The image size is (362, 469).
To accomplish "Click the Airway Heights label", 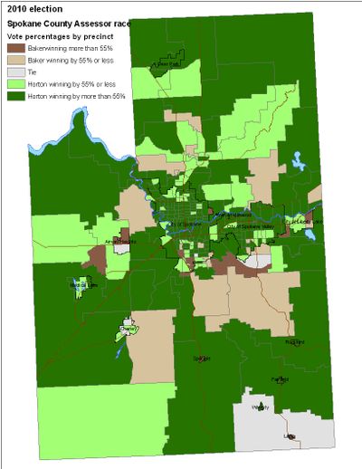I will click(120, 243).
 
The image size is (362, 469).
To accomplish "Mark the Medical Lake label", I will click(82, 284).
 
